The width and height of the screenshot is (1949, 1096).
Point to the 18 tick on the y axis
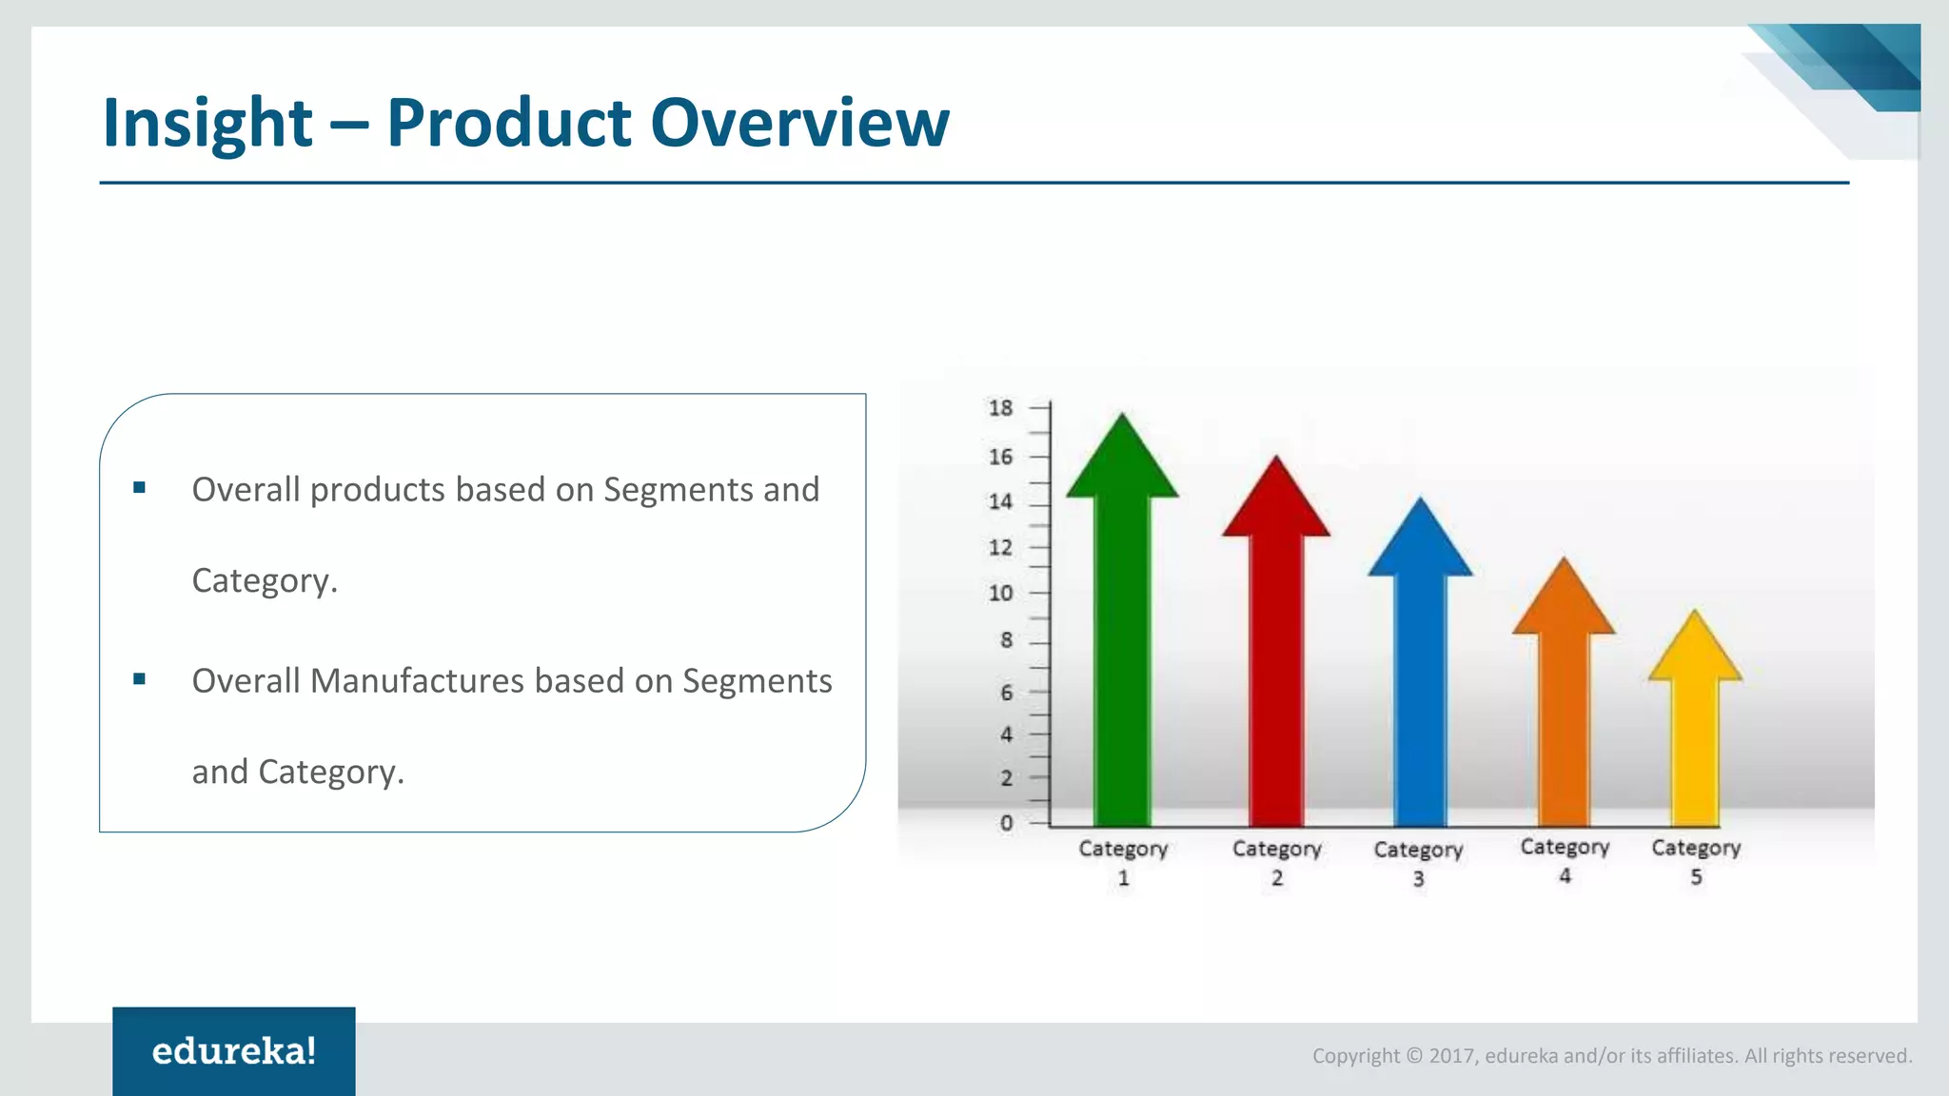pos(1000,408)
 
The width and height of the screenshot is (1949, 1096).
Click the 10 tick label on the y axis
pos(1000,594)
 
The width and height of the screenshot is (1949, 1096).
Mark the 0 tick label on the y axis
pos(1006,823)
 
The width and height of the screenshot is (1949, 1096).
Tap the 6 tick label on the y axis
pos(1006,693)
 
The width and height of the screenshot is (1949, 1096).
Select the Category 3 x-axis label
pos(1418,862)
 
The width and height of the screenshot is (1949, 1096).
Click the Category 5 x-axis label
pos(1696,860)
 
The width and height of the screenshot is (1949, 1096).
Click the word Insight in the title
pos(207,124)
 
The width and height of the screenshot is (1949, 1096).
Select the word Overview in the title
pos(799,124)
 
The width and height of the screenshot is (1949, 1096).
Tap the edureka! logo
pos(234,1051)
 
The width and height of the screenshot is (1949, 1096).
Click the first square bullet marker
pos(140,488)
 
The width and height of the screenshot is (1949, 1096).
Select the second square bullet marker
pos(140,679)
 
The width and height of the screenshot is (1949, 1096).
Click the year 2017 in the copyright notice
pos(1451,1056)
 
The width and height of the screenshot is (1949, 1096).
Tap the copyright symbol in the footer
pos(1414,1056)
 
